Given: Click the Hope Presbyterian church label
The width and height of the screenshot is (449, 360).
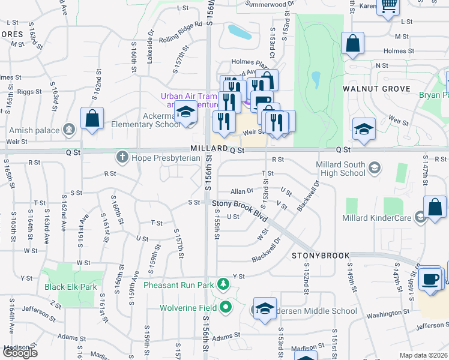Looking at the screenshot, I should (158, 157).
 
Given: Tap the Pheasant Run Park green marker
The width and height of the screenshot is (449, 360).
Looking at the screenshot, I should (223, 283).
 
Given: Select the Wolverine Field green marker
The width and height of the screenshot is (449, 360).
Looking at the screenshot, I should (226, 308).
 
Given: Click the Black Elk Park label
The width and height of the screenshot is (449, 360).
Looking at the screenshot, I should (71, 287).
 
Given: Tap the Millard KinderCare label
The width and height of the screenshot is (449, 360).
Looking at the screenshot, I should (376, 217).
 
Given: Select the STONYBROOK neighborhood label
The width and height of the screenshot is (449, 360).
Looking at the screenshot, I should (321, 256).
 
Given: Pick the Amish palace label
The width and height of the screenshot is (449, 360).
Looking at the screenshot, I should (34, 130).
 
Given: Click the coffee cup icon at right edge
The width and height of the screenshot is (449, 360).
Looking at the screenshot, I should (430, 278).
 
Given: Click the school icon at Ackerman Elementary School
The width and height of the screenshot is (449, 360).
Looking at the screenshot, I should (185, 113).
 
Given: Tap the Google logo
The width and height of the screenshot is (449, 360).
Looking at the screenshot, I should (20, 353).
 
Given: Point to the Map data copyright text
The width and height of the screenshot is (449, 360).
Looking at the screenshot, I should (424, 355).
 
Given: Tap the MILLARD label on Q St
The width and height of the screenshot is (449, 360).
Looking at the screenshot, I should (208, 148).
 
